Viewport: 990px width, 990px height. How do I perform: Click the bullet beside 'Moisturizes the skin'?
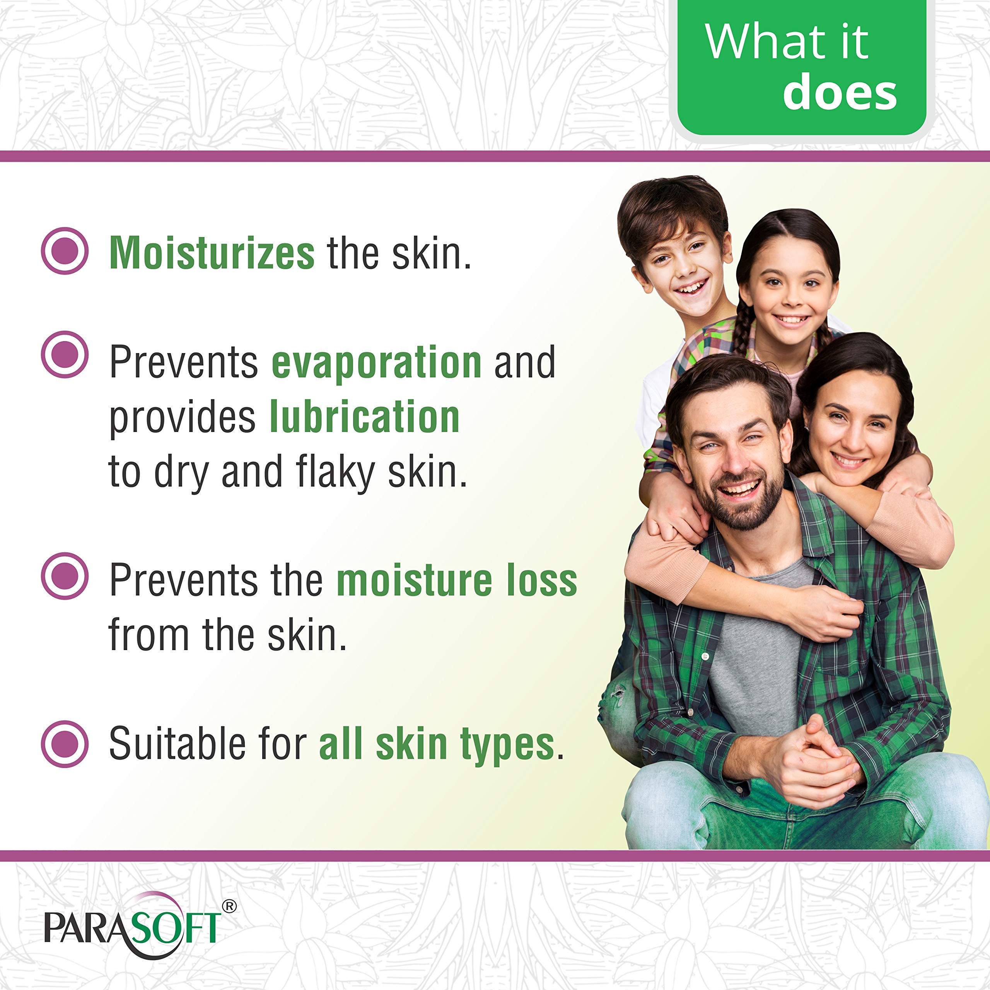(65, 251)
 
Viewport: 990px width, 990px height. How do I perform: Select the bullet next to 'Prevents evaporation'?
(65, 355)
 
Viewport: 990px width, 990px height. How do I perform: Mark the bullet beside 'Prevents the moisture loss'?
(65, 575)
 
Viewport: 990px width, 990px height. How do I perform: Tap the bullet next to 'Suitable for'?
(65, 744)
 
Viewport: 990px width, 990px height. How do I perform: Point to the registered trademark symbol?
(230, 906)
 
